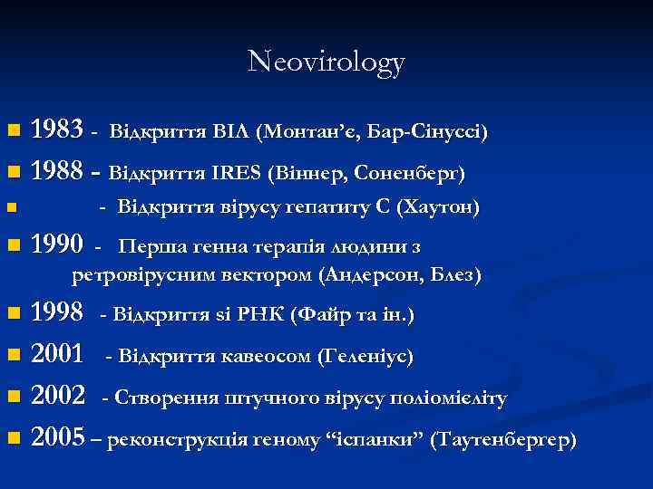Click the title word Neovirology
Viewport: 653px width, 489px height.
pyautogui.click(x=326, y=62)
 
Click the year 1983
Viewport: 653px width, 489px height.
pyautogui.click(x=59, y=131)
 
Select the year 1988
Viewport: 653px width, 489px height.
pyautogui.click(x=59, y=170)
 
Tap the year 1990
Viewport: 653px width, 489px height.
pyautogui.click(x=59, y=245)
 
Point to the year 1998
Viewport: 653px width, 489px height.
pyautogui.click(x=59, y=314)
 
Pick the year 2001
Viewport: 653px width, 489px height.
pyautogui.click(x=59, y=356)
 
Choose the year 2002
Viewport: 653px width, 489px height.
pyautogui.click(x=59, y=398)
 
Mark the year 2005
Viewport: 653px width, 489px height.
pyautogui.click(x=59, y=440)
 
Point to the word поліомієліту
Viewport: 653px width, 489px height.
pyautogui.click(x=453, y=398)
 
